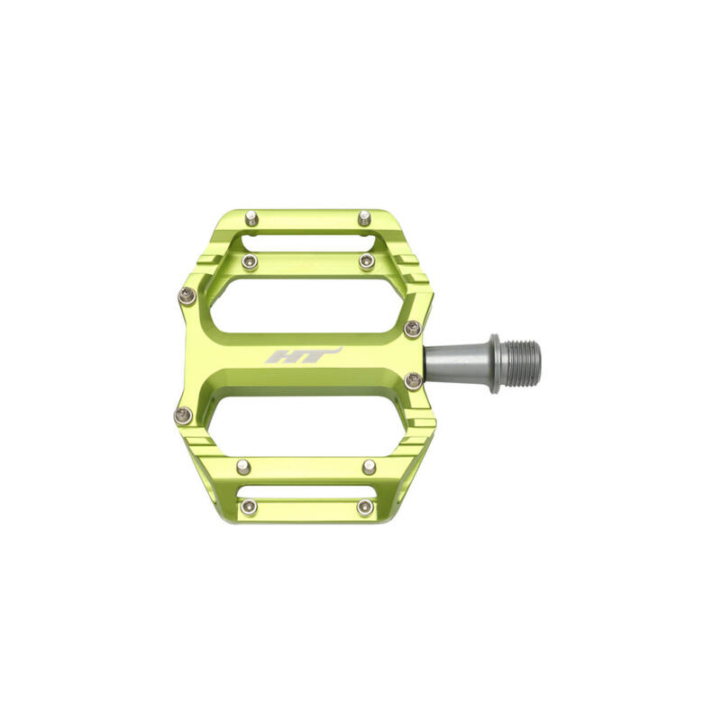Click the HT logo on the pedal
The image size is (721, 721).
tap(304, 355)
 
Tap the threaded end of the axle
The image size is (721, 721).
tap(520, 363)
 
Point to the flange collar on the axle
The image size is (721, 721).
tap(494, 363)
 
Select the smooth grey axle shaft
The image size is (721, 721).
tap(457, 363)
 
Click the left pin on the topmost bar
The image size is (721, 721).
tap(251, 218)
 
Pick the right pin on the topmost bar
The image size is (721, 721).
tap(364, 218)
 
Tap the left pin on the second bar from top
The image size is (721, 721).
tap(250, 262)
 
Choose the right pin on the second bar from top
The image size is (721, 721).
tap(367, 261)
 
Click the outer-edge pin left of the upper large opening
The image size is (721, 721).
tap(187, 296)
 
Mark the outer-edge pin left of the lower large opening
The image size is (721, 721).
tap(183, 415)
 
